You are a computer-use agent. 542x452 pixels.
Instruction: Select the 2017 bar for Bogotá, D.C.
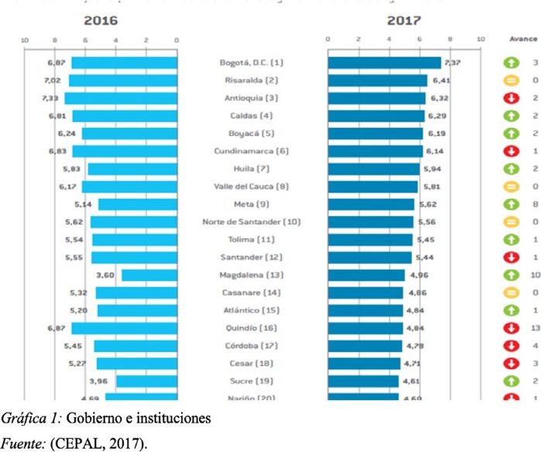[384, 63]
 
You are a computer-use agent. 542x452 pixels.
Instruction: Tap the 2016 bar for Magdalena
[149, 275]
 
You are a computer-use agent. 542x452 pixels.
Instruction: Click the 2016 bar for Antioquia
[121, 98]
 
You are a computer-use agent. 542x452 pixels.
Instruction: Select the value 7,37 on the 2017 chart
[451, 63]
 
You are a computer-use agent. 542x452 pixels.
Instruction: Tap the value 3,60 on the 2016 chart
[105, 275]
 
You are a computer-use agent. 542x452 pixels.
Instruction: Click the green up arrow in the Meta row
[511, 204]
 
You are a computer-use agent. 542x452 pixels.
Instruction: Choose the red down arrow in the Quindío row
[511, 328]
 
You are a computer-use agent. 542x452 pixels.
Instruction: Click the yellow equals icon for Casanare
[511, 293]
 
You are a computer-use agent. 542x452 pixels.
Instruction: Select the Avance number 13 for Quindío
[535, 328]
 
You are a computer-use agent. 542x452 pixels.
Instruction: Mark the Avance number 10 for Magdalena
[535, 275]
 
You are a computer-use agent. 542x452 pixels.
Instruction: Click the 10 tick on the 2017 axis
[481, 39]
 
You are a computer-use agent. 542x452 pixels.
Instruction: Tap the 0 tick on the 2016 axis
[177, 39]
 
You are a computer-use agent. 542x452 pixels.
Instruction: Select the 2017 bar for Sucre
[363, 381]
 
